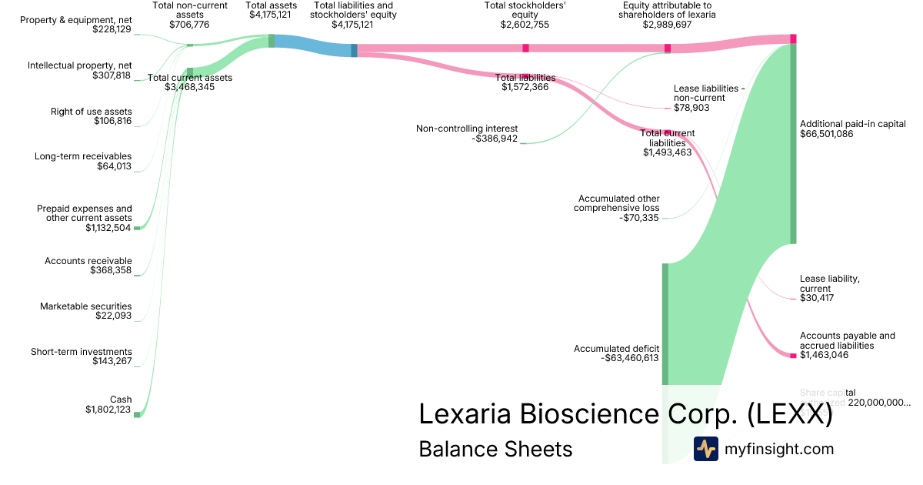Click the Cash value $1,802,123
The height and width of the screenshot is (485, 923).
[x=108, y=410]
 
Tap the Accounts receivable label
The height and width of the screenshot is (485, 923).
[x=88, y=261]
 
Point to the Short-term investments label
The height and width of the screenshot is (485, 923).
[x=82, y=352]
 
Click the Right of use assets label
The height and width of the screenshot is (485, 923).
[x=92, y=112]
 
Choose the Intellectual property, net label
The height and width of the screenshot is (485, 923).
[x=80, y=65]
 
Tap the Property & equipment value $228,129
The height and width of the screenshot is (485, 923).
[x=112, y=30]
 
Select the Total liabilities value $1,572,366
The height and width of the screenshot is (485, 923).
[x=525, y=87]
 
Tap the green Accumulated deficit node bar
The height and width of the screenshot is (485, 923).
[x=665, y=323]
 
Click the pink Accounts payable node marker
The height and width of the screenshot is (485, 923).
[x=793, y=355]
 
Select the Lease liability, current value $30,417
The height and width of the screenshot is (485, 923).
[x=817, y=298]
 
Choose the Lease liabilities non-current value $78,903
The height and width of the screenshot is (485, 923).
[x=691, y=108]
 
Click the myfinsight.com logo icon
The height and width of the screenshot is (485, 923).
[x=705, y=449]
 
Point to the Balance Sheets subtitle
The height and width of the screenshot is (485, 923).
[x=495, y=449]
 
